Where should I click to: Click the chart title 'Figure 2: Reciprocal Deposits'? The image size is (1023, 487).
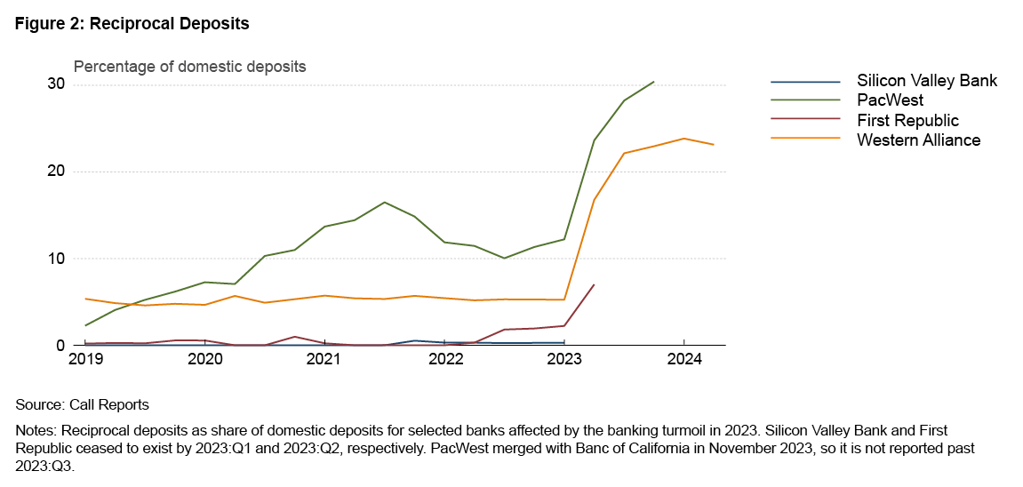132,24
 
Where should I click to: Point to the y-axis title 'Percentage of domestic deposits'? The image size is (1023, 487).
189,67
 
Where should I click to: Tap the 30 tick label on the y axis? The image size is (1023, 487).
57,84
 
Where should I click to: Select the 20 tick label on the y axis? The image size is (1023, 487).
57,172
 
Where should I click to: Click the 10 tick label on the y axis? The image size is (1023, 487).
57,259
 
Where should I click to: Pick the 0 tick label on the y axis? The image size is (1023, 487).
61,346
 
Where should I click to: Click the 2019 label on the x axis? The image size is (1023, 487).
85,360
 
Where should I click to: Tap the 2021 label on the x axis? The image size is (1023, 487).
324,360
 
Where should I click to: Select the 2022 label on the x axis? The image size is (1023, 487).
444,360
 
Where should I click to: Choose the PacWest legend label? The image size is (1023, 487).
890,100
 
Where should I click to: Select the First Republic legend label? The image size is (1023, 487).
907,120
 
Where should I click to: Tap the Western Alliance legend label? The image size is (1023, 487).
918,140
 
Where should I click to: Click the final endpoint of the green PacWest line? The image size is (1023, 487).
654,82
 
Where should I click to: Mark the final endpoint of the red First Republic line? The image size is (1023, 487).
594,285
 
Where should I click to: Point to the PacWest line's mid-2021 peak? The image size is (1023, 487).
384,202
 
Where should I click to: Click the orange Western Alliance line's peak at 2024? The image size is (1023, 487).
683,138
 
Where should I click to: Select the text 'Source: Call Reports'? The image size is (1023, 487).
82,404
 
